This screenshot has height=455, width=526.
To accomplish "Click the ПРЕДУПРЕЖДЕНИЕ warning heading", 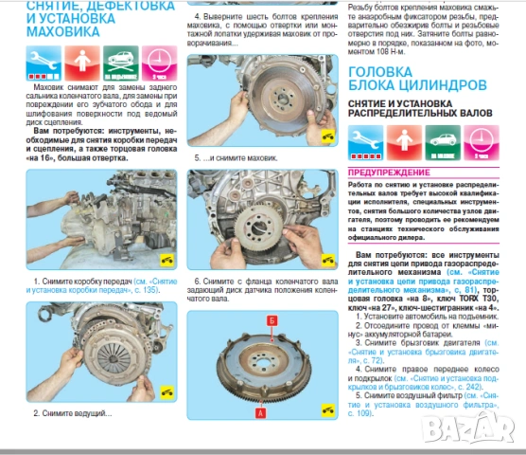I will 391,173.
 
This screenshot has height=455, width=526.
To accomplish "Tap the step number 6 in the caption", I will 197,282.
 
